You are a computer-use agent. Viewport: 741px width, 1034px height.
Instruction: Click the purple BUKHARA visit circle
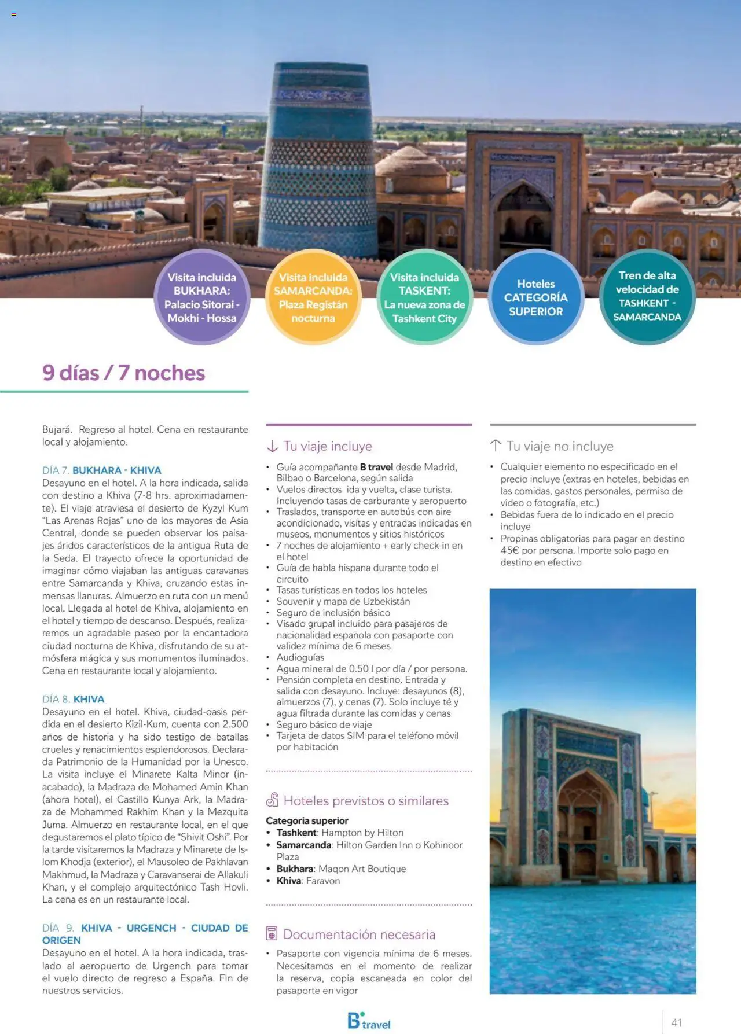[x=201, y=297]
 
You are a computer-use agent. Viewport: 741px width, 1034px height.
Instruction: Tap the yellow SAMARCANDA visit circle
[x=313, y=297]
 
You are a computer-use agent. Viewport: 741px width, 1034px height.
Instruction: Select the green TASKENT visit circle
[x=424, y=297]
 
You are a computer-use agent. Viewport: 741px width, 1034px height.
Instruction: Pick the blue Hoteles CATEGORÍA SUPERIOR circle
[x=535, y=297]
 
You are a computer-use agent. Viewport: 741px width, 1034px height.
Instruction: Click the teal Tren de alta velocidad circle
[x=647, y=296]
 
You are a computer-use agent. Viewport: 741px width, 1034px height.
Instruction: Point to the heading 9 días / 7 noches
[x=123, y=373]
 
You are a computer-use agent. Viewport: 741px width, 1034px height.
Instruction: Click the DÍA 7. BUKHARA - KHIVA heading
[x=101, y=470]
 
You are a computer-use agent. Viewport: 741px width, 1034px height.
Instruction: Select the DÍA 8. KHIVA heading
[x=73, y=699]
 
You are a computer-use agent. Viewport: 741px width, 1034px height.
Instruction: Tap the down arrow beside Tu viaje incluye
[x=272, y=446]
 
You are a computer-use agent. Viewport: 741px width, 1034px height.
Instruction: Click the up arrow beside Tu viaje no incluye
[x=496, y=446]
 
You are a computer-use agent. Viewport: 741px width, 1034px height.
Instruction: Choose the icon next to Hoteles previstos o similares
[x=272, y=800]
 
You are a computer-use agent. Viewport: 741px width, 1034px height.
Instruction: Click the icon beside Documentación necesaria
[x=272, y=933]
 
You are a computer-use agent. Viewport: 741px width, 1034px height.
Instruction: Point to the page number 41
[x=676, y=1022]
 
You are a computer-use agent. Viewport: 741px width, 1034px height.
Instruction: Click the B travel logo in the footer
[x=369, y=1021]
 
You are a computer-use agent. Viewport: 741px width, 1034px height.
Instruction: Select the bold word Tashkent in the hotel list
[x=296, y=833]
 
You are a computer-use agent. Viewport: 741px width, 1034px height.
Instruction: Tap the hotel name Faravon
[x=323, y=881]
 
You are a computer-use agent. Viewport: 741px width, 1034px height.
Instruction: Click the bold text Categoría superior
[x=307, y=820]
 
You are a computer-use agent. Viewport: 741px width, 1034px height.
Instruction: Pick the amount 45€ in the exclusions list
[x=509, y=550]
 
